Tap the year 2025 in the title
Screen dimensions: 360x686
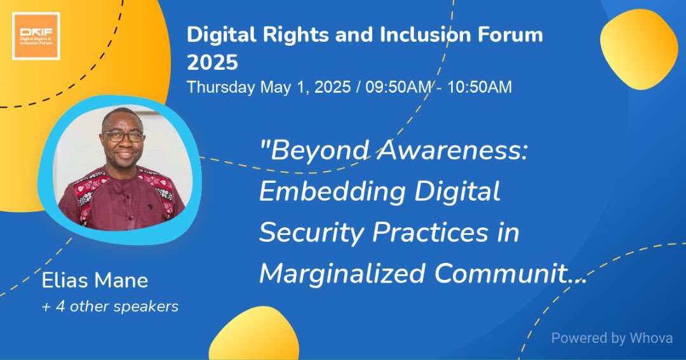212,62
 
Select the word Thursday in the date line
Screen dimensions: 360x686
220,87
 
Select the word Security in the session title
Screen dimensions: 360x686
311,233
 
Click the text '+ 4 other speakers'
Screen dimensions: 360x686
110,307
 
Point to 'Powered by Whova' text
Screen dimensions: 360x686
611,338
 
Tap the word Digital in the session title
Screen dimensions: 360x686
461,192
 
